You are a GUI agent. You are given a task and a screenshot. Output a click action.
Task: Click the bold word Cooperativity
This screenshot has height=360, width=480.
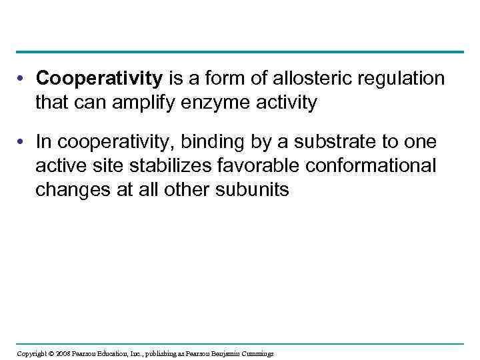click(99, 79)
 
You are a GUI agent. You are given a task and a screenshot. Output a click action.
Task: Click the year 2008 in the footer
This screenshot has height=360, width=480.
click(61, 353)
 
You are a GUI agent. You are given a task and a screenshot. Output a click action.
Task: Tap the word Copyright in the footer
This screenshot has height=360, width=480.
click(31, 353)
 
